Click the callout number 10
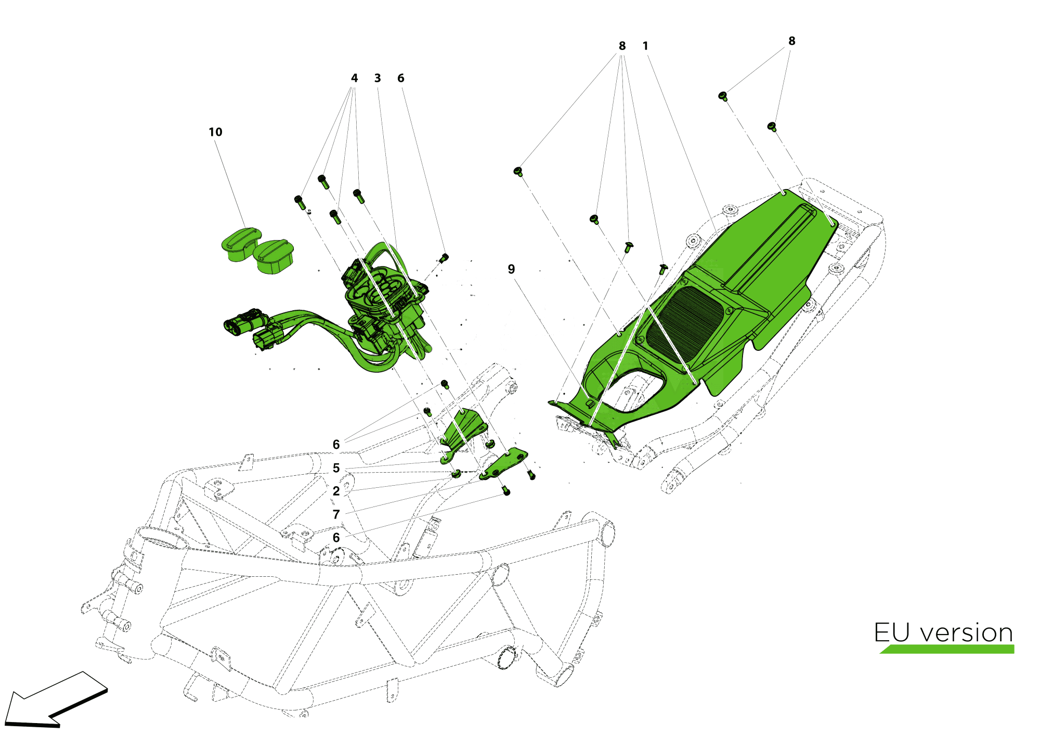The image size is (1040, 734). pyautogui.click(x=215, y=132)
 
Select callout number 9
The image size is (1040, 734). pyautogui.click(x=511, y=269)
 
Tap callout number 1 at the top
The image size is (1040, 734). pyautogui.click(x=645, y=46)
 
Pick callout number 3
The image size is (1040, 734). pyautogui.click(x=378, y=78)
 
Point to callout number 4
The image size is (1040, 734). pyautogui.click(x=354, y=78)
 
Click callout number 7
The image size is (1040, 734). pyautogui.click(x=336, y=514)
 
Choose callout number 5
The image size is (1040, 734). pyautogui.click(x=336, y=468)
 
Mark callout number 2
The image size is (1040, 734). pyautogui.click(x=336, y=491)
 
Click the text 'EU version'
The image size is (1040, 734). pyautogui.click(x=943, y=632)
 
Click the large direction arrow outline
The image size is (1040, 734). pyautogui.click(x=55, y=700)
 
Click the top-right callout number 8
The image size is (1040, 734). pyautogui.click(x=791, y=41)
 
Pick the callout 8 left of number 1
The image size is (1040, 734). pyautogui.click(x=622, y=46)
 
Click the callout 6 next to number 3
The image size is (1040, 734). pyautogui.click(x=400, y=78)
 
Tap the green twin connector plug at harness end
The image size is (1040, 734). pyautogui.click(x=241, y=322)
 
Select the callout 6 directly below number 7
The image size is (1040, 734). pyautogui.click(x=336, y=537)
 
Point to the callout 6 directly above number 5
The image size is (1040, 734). pyautogui.click(x=336, y=445)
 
